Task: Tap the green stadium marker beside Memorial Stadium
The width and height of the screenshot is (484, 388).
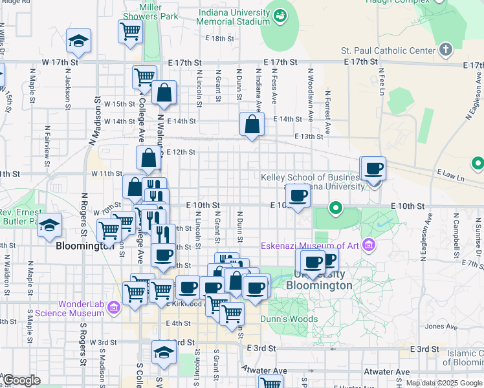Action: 280,14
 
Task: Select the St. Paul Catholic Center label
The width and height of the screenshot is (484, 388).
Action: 388,50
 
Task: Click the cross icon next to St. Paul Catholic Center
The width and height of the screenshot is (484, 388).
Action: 445,49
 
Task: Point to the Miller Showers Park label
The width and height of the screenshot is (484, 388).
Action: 150,10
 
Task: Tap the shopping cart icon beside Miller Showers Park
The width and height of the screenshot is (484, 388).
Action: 130,30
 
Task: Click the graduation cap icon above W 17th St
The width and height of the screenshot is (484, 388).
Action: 78,41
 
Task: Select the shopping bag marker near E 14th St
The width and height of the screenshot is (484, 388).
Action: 251,124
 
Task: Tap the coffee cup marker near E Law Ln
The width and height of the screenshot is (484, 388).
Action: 373,169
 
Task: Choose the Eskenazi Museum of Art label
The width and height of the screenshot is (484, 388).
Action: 310,245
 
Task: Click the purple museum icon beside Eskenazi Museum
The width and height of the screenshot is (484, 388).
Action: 369,245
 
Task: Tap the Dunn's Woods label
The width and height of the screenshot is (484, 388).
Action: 289,319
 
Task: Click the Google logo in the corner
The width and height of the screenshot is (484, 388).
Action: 21,380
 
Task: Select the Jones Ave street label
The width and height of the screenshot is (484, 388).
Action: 441,327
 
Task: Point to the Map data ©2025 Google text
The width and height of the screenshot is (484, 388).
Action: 444,383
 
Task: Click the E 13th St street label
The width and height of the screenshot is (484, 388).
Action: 308,136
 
